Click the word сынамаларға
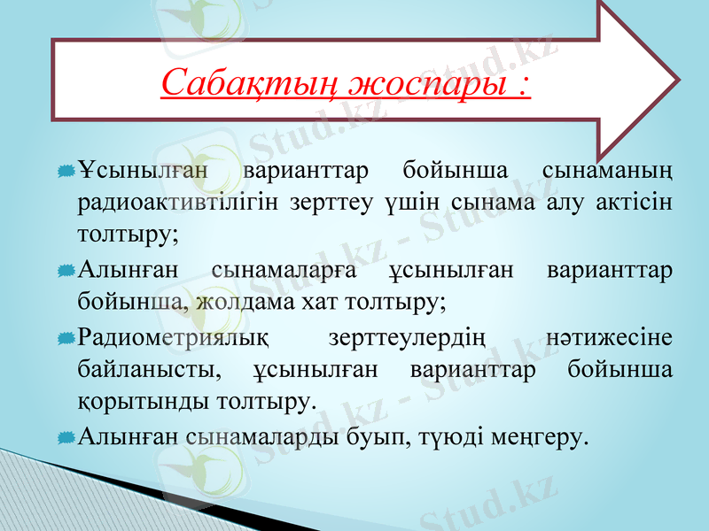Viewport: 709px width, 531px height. click(x=284, y=269)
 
